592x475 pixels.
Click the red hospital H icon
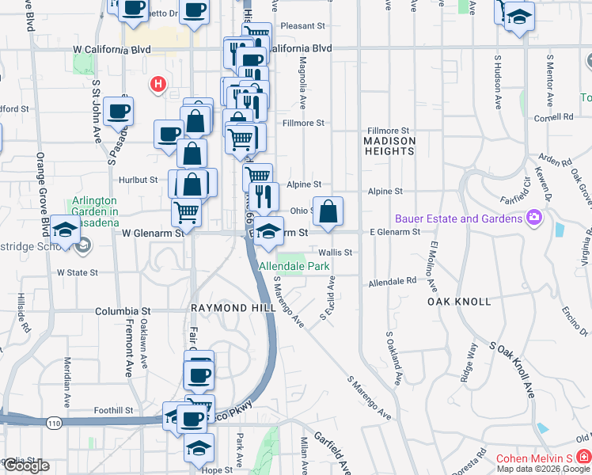click(x=158, y=83)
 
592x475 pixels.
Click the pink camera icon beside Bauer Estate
click(x=535, y=217)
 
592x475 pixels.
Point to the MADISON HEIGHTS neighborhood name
click(x=389, y=146)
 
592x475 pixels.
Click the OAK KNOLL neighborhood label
click(x=459, y=302)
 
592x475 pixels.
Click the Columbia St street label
click(x=123, y=311)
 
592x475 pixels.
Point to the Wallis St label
click(x=335, y=253)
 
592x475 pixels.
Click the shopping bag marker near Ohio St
click(x=328, y=211)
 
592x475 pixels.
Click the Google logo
click(x=25, y=466)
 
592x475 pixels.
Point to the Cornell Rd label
click(x=553, y=117)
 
